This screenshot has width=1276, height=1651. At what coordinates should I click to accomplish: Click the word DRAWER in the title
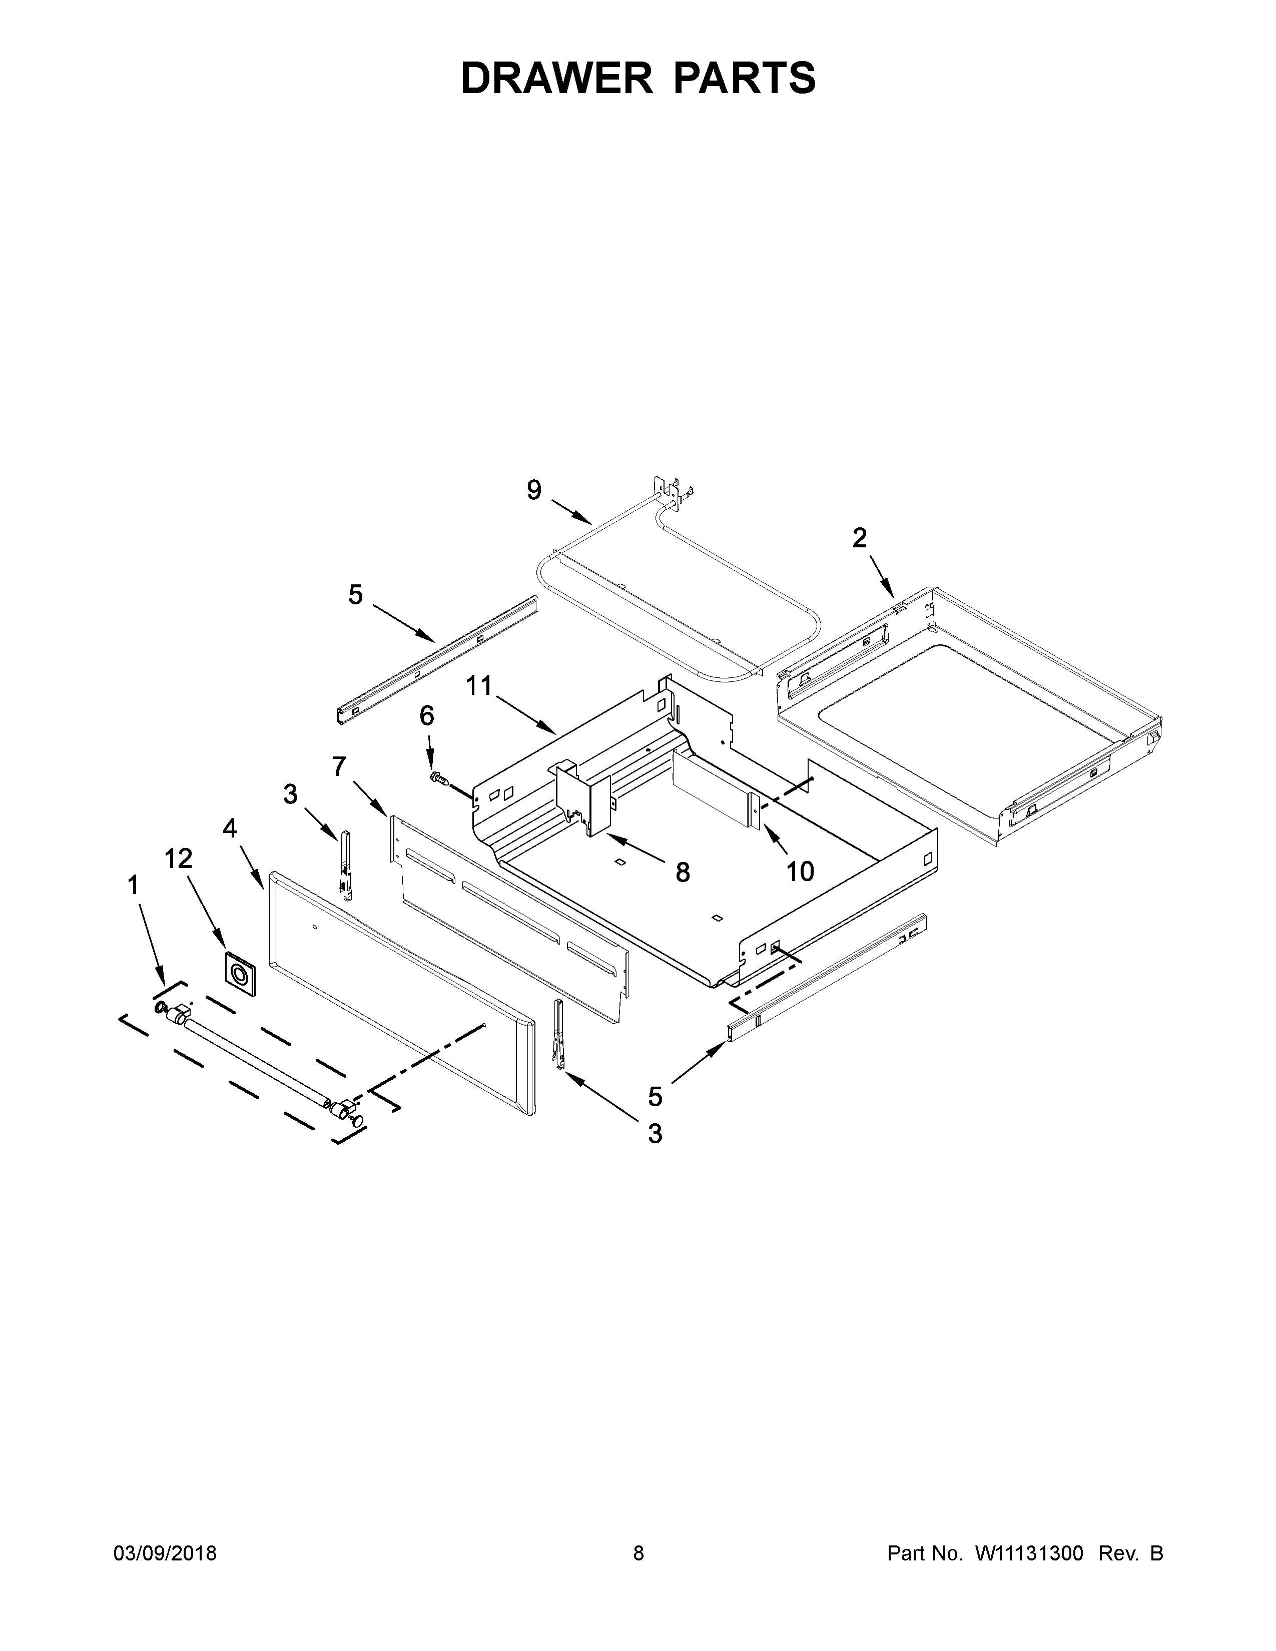tap(556, 78)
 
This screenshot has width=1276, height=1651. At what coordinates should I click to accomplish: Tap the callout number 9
tap(534, 491)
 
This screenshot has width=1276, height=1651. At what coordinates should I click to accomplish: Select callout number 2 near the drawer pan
tap(860, 538)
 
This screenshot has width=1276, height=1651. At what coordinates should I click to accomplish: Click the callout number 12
tap(179, 858)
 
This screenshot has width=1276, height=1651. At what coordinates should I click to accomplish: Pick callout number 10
tap(800, 872)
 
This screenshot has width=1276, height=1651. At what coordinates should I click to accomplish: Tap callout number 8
tap(683, 873)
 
